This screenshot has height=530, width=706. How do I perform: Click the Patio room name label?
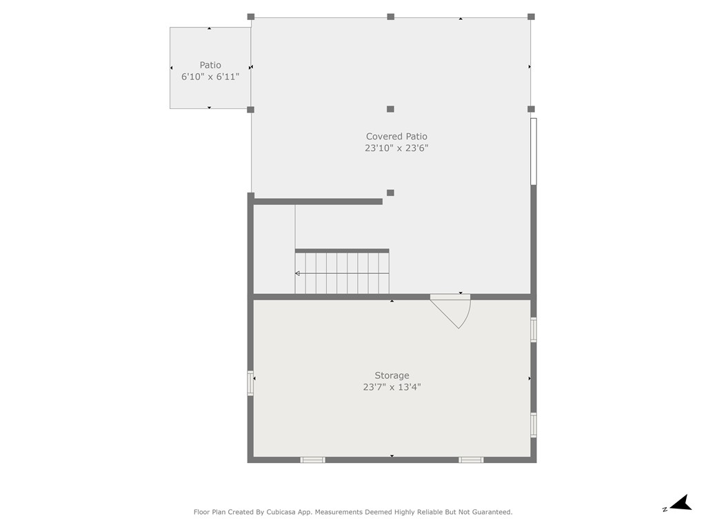tap(210, 65)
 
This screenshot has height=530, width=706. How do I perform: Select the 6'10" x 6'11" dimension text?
tap(210, 77)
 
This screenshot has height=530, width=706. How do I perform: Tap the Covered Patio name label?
tap(396, 136)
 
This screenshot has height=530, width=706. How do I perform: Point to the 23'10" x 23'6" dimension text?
tap(396, 148)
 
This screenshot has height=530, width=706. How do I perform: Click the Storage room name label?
tap(392, 375)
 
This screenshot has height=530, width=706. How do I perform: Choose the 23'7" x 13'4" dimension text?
tap(392, 386)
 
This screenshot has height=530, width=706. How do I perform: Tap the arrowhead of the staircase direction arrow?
tap(297, 273)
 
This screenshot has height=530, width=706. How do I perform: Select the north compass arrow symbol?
tap(680, 503)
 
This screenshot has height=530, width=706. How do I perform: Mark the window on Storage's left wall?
tap(250, 383)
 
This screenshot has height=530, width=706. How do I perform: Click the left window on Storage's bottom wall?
tap(312, 460)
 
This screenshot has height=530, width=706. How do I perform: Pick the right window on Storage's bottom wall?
tap(471, 460)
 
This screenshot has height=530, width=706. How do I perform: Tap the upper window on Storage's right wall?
tap(534, 329)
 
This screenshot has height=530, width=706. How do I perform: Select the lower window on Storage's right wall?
tap(534, 425)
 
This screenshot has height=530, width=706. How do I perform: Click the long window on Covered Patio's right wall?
tap(534, 151)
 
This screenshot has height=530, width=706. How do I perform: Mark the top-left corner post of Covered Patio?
tap(251, 17)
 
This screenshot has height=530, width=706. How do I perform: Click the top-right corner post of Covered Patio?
tap(532, 17)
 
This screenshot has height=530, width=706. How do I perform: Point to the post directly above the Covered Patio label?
tap(390, 109)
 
